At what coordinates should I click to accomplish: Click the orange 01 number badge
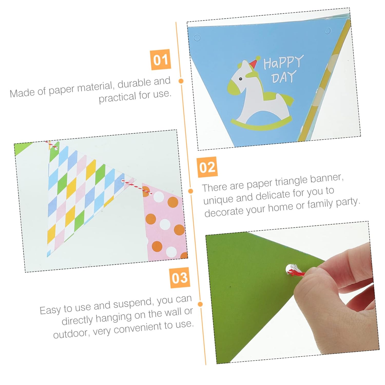[160, 60]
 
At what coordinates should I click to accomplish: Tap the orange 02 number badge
[207, 167]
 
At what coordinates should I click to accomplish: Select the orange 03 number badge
[180, 278]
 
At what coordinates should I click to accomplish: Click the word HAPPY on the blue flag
[283, 62]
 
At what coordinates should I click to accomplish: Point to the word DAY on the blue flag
[284, 77]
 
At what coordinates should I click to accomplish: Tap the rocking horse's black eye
[240, 79]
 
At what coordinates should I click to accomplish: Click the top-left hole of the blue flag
[197, 38]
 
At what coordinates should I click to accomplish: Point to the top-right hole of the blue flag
[328, 31]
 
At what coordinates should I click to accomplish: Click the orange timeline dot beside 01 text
[181, 81]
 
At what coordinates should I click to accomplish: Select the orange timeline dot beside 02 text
[191, 191]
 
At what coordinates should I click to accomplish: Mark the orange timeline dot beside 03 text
[200, 304]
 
